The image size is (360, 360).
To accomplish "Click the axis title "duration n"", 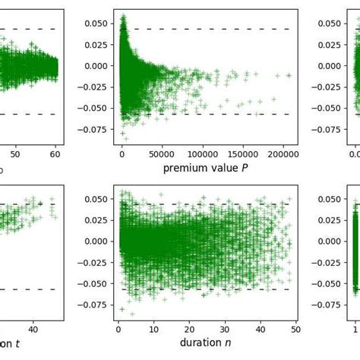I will click(207, 343).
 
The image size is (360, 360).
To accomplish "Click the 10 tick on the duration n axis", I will click(154, 330).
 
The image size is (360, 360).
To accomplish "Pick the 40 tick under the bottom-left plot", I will click(33, 330).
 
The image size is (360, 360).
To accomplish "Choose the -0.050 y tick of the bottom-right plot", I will click(332, 284).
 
